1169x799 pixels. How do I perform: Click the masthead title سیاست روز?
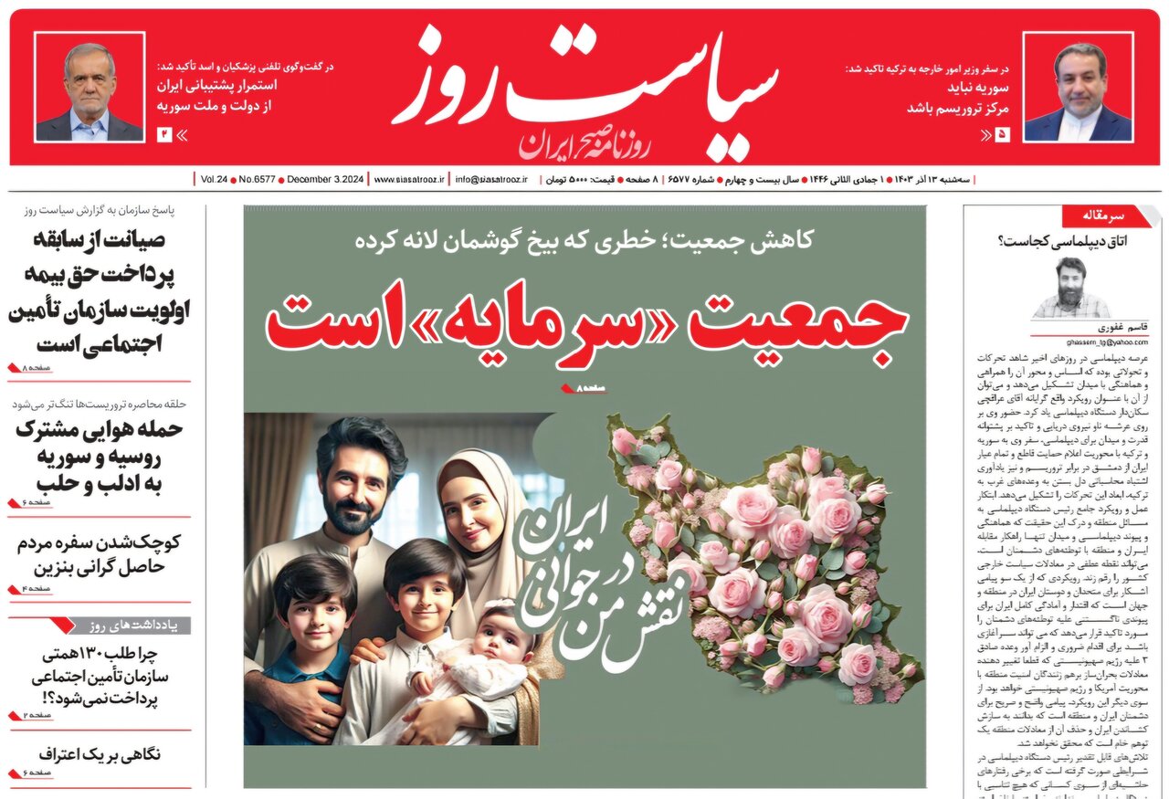coord(584,87)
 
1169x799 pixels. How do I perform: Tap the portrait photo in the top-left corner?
coord(90,88)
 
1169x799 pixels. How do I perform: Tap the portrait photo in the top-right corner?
coord(1078,88)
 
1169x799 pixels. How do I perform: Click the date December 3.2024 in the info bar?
coord(325,180)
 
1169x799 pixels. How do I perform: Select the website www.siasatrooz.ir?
coord(408,180)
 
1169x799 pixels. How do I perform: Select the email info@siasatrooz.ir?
coord(491,180)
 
